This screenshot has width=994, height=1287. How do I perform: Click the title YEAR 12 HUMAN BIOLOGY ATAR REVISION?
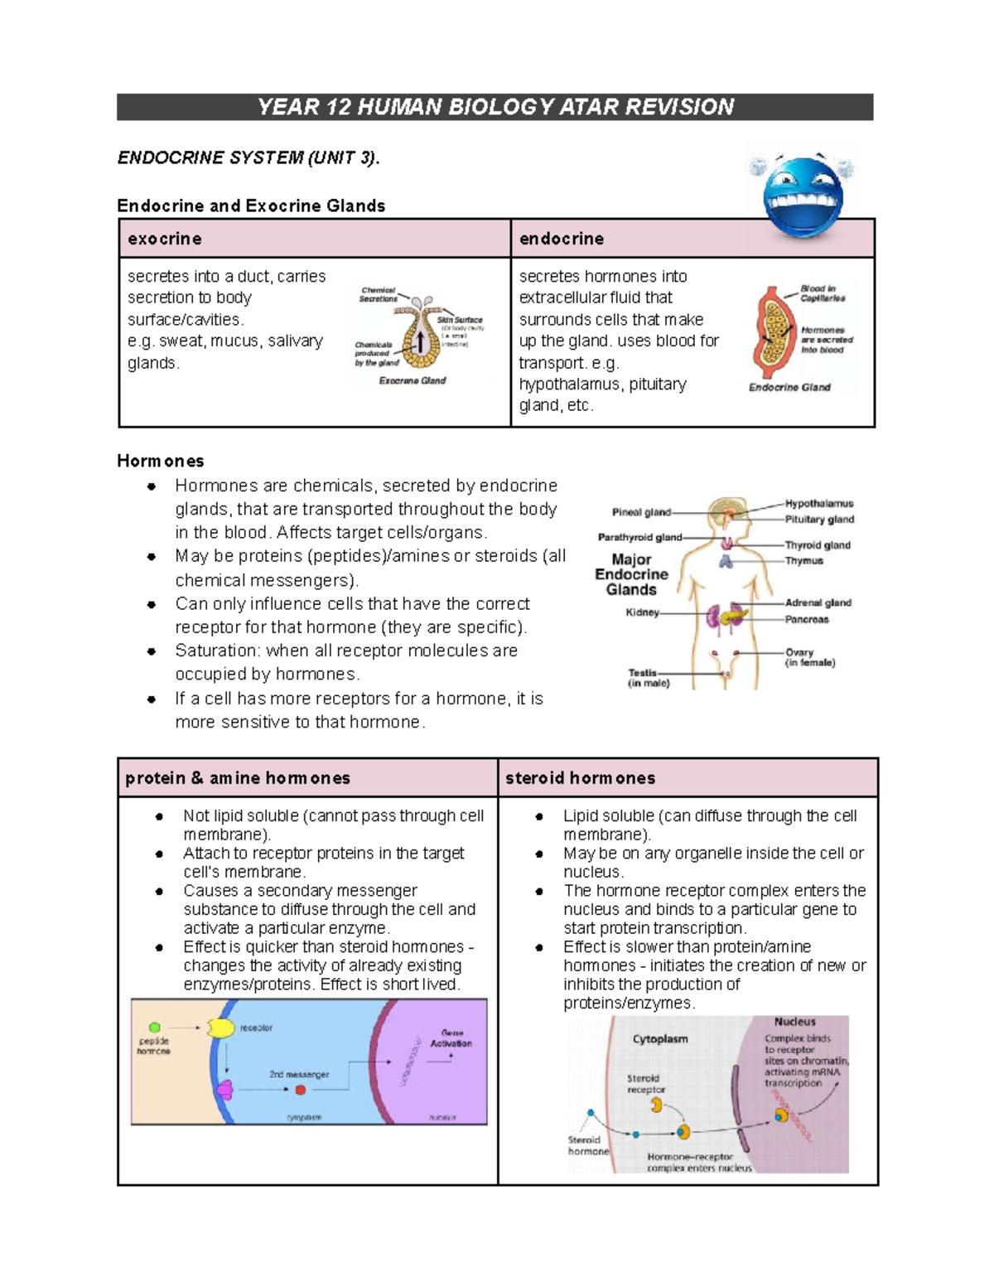pyautogui.click(x=495, y=107)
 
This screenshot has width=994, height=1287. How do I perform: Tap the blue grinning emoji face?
pyautogui.click(x=802, y=197)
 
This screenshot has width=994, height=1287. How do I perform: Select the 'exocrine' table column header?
pyautogui.click(x=165, y=239)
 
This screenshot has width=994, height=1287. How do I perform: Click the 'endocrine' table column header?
pyautogui.click(x=561, y=239)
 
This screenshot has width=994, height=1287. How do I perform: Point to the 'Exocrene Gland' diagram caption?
pyautogui.click(x=413, y=380)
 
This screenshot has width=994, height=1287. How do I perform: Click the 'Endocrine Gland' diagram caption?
pyautogui.click(x=789, y=387)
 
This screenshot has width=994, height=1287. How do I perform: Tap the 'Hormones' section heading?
pyautogui.click(x=160, y=461)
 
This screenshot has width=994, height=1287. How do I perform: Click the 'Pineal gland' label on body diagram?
pyautogui.click(x=641, y=512)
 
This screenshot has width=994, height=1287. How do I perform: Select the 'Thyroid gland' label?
pyautogui.click(x=818, y=545)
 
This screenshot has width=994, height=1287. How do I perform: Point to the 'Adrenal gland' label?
pyautogui.click(x=818, y=602)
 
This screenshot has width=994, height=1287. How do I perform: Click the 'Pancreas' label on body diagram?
pyautogui.click(x=807, y=619)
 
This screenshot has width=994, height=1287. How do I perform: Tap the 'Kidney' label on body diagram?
pyautogui.click(x=642, y=612)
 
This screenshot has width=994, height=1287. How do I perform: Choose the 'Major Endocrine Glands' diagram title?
pyautogui.click(x=631, y=574)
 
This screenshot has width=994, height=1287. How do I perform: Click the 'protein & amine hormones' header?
pyautogui.click(x=238, y=778)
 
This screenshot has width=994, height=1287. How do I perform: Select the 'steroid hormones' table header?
pyautogui.click(x=580, y=778)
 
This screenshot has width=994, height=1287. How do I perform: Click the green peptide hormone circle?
pyautogui.click(x=155, y=1028)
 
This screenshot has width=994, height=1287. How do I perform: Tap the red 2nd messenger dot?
pyautogui.click(x=301, y=1090)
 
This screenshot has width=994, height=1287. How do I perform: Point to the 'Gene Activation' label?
pyautogui.click(x=451, y=1038)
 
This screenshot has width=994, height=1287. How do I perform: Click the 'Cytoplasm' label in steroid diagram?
pyautogui.click(x=660, y=1038)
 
